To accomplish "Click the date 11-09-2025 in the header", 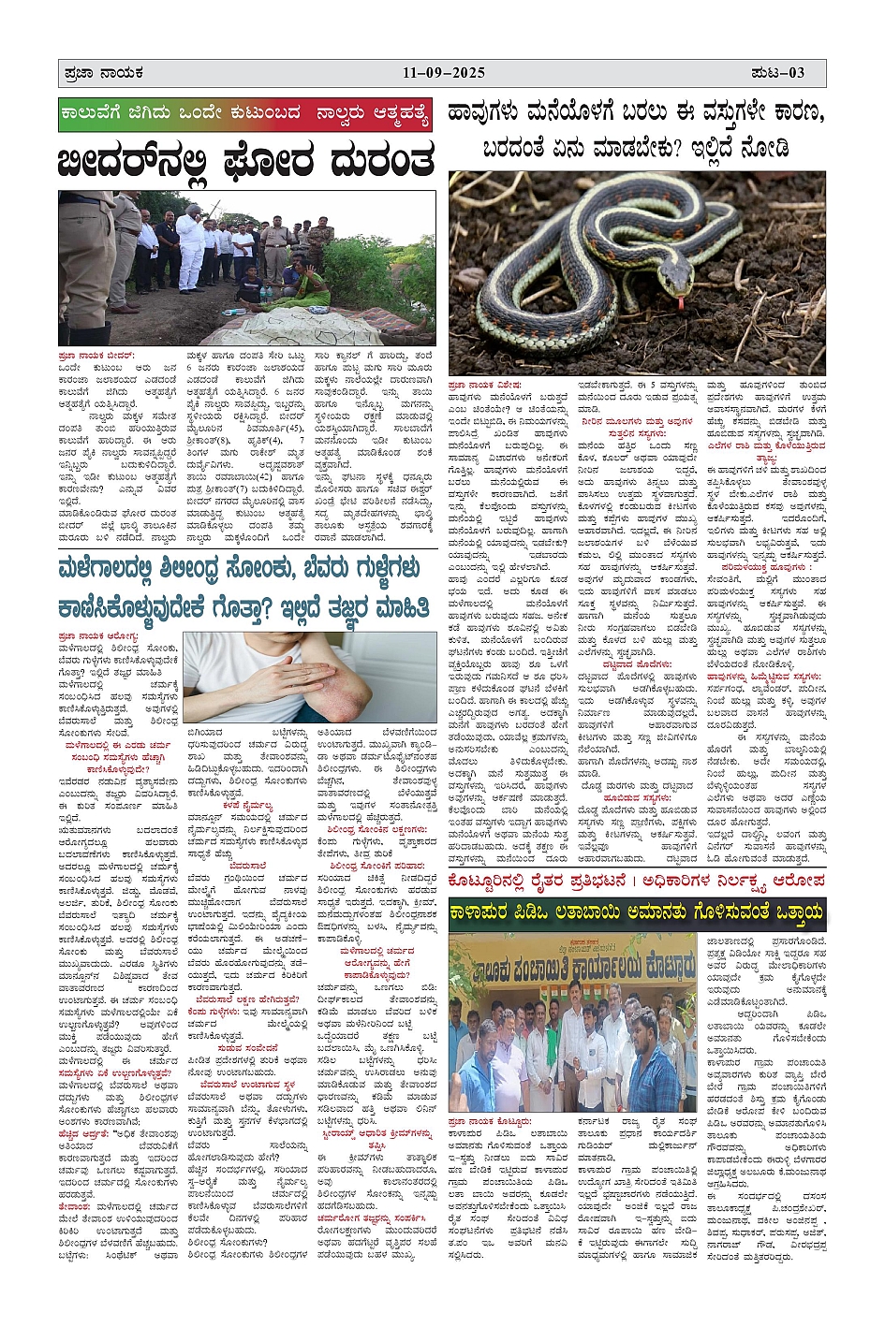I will coord(444,73).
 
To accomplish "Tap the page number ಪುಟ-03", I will coord(779,73).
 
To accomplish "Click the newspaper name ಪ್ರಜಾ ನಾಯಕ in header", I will coord(99,73).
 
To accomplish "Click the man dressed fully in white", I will coord(191,245).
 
